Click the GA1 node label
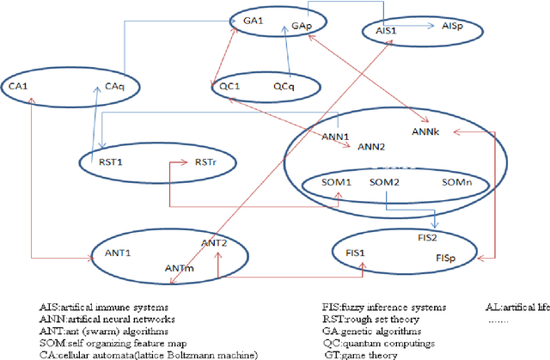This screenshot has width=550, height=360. (x=253, y=17)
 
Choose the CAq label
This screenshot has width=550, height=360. (x=115, y=86)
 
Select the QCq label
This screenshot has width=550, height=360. (x=285, y=87)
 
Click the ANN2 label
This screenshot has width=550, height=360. (x=372, y=147)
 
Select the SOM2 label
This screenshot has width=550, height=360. (x=384, y=183)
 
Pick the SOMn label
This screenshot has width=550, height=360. (x=457, y=183)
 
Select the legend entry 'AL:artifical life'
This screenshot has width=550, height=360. (x=514, y=307)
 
